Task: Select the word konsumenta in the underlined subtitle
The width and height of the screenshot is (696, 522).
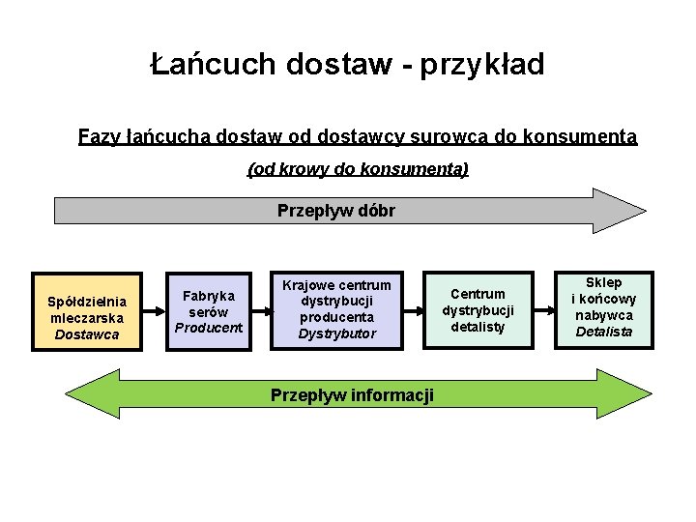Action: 579,137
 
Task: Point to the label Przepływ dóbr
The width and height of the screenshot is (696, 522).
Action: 335,210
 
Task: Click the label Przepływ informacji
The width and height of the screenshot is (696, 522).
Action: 352,394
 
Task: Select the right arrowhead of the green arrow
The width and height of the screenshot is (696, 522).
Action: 633,394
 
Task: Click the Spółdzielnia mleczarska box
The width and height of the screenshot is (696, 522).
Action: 87,310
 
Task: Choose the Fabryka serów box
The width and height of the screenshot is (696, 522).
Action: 208,310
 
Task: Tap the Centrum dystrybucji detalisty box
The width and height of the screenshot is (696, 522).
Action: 478,310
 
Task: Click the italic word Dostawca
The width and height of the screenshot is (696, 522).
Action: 87,334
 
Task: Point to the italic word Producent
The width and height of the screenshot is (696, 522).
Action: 208,328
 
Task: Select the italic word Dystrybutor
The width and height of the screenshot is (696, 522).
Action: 335,334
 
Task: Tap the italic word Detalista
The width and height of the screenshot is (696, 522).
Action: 603,332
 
